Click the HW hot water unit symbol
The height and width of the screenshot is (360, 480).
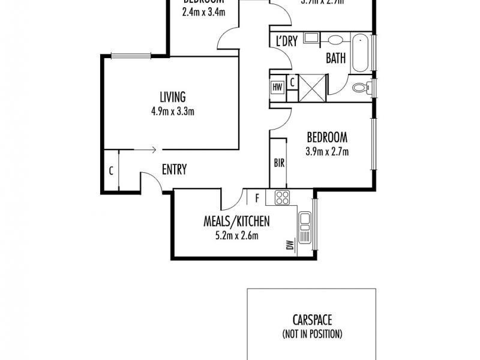(277, 87)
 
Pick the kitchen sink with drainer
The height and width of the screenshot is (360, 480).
(305, 229)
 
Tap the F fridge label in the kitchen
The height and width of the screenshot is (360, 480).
(257, 197)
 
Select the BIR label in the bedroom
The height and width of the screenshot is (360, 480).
(278, 162)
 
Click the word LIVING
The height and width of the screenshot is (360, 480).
(172, 97)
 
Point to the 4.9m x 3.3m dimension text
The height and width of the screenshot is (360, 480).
(173, 110)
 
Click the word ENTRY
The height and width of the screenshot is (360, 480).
(174, 170)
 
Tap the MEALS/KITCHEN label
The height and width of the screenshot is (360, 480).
(235, 221)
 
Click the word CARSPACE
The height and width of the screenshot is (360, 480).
(312, 321)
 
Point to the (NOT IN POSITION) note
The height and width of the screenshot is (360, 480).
(312, 334)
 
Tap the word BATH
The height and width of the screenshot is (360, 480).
(335, 58)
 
